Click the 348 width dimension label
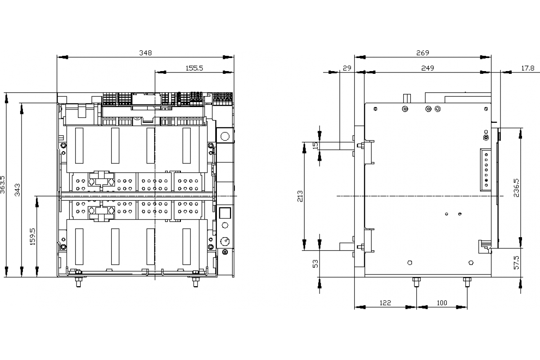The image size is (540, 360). click(146, 53)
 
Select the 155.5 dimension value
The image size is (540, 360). click(194, 68)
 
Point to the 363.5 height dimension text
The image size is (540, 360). click(2, 184)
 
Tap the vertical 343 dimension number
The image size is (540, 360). click(18, 190)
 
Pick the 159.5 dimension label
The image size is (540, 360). click(32, 237)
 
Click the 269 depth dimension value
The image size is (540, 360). click(423, 53)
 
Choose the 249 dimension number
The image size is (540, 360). click(427, 68)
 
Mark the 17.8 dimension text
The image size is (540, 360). click(528, 68)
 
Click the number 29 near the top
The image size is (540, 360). click(347, 68)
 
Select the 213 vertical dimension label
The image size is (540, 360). click(300, 196)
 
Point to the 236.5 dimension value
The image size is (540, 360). click(517, 188)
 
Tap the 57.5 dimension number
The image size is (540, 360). click(517, 263)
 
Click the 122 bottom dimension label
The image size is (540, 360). click(385, 303)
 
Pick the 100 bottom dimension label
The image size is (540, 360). click(442, 303)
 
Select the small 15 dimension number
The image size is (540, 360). click(315, 145)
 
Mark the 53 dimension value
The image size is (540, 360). click(315, 264)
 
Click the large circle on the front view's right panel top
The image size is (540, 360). click(225, 136)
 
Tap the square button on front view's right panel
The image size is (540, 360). click(225, 213)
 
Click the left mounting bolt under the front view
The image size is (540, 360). click(78, 282)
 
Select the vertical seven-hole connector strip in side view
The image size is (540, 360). click(486, 170)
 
